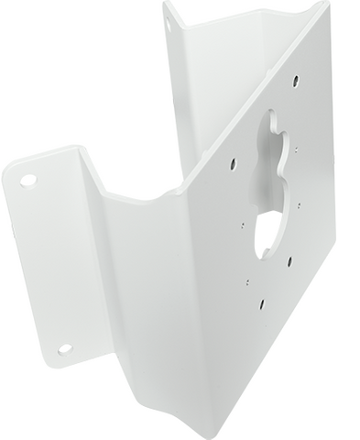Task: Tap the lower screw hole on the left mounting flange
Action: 65,349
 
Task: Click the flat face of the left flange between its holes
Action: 46,266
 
